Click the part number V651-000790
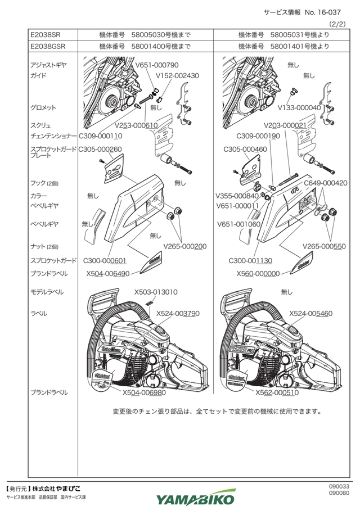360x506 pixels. tap(157, 65)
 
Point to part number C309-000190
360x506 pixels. tap(258, 136)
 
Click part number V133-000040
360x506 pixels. tap(299, 107)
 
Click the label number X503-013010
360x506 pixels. tap(156, 292)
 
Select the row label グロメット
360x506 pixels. tap(43, 107)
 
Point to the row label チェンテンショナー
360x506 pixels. tap(53, 136)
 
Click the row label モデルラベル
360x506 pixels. tap(47, 292)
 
